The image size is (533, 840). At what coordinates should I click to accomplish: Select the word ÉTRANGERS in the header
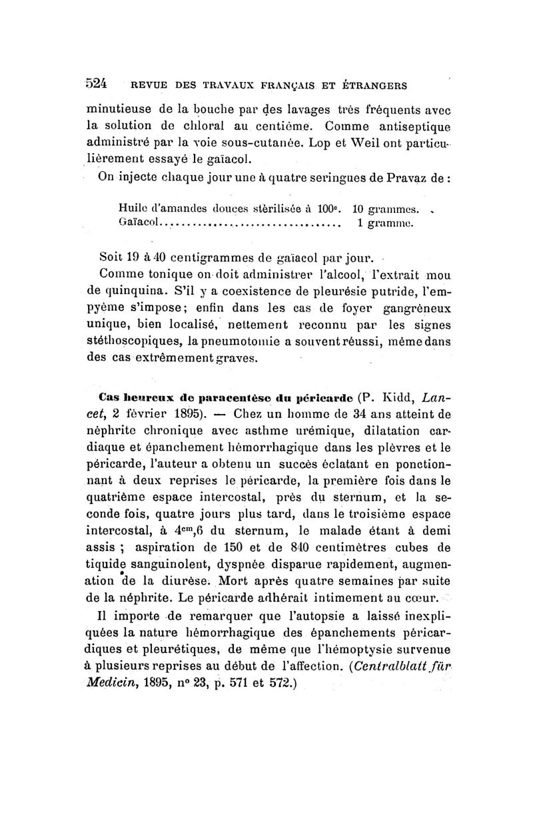click(x=378, y=85)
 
